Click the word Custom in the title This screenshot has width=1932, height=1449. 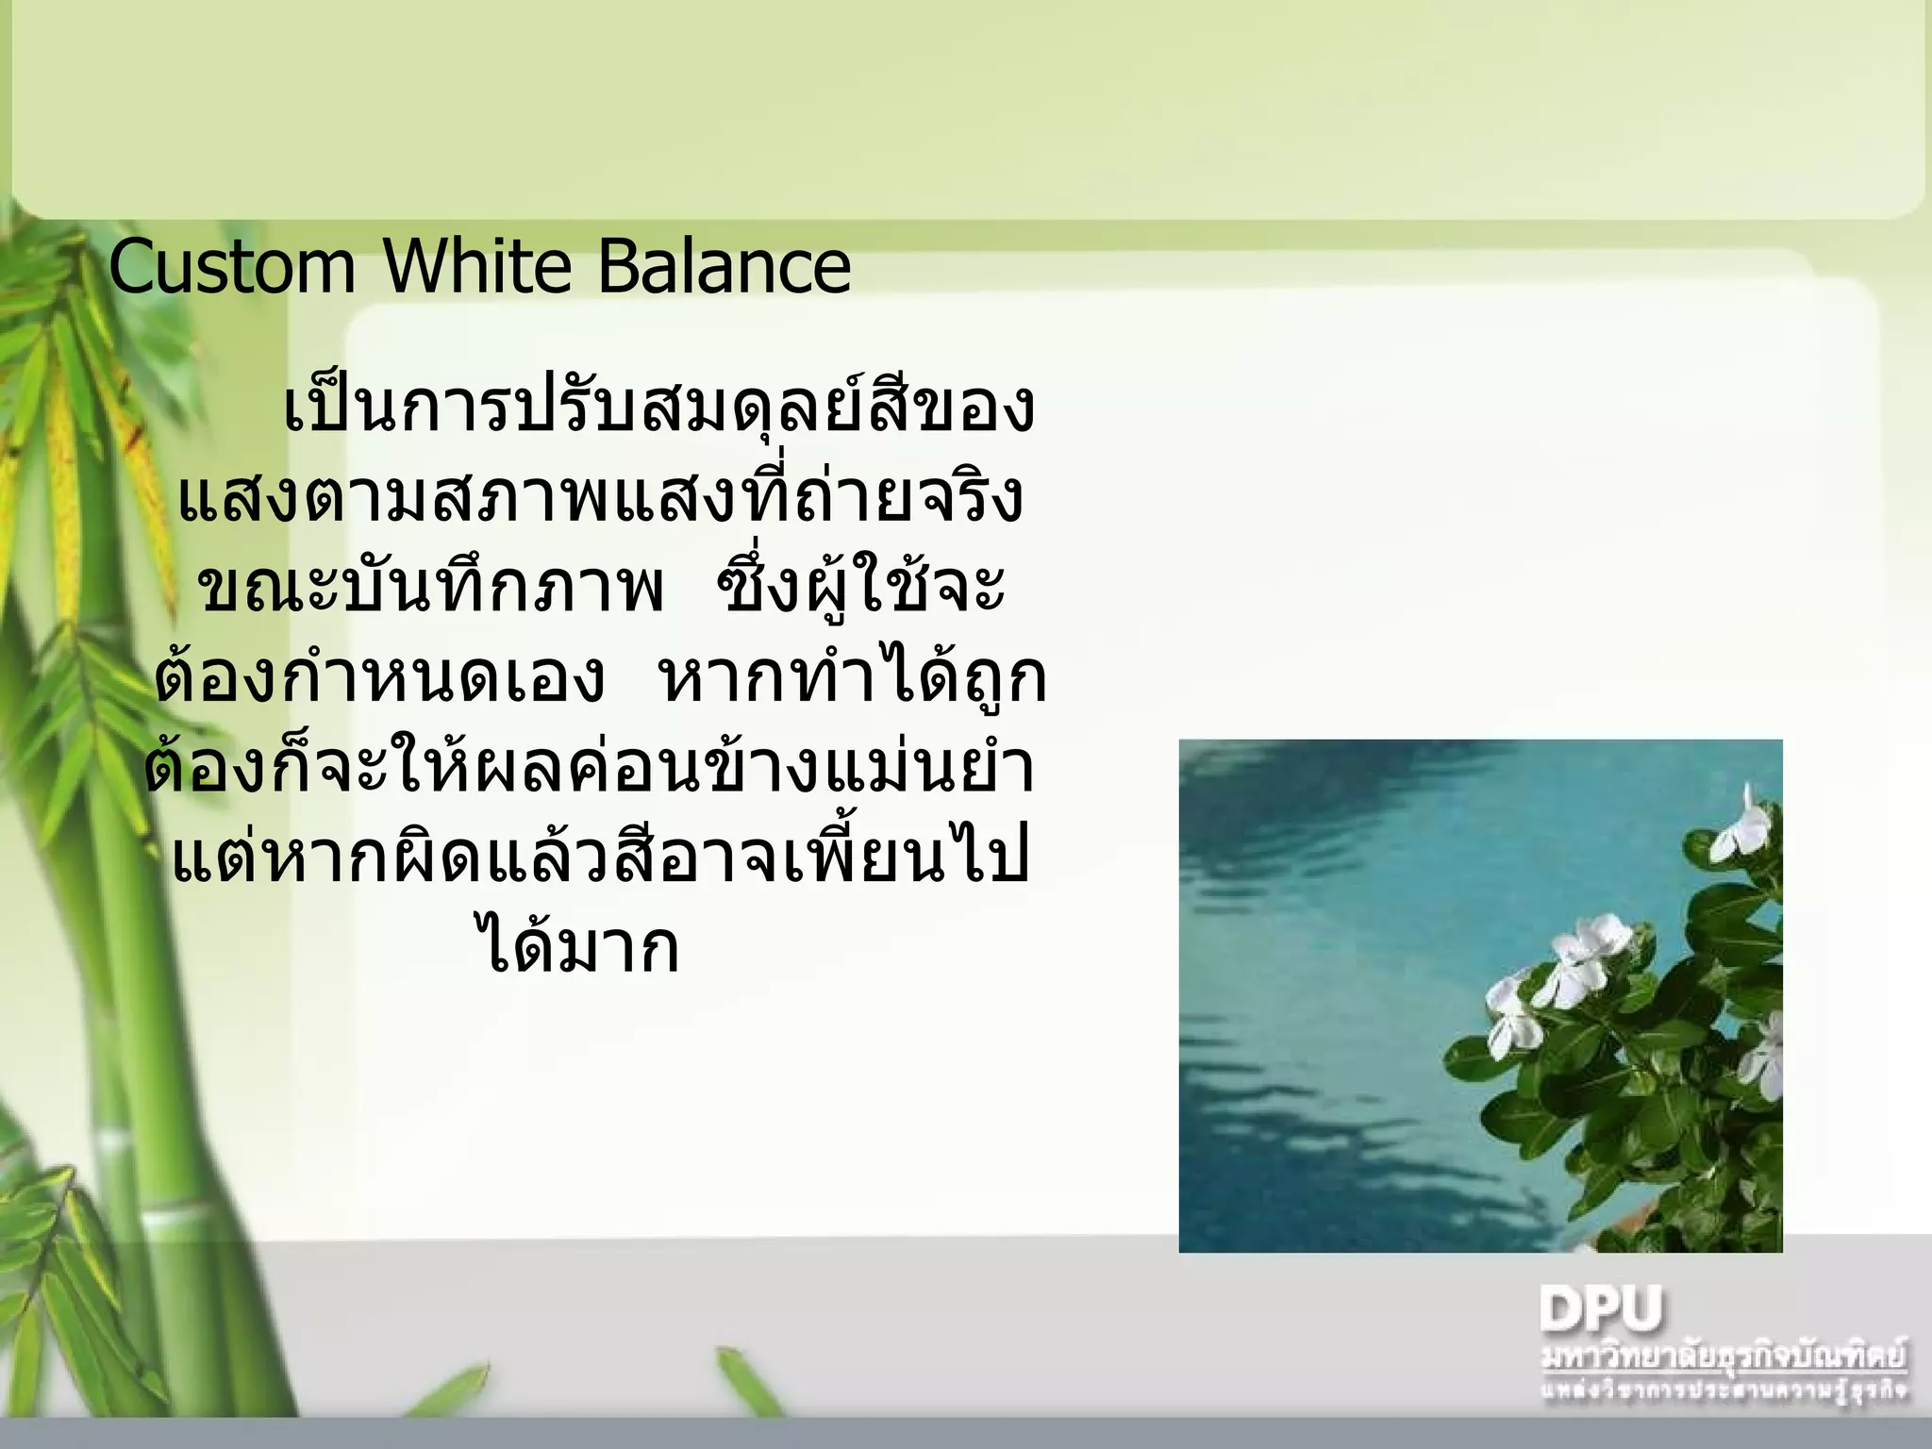(232, 267)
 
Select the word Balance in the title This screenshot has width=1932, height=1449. (724, 267)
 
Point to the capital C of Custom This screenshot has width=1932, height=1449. (133, 268)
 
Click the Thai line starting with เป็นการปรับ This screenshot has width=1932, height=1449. (658, 409)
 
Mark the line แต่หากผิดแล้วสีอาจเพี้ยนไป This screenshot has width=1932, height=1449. (600, 857)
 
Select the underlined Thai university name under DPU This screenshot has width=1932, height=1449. (1723, 1357)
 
